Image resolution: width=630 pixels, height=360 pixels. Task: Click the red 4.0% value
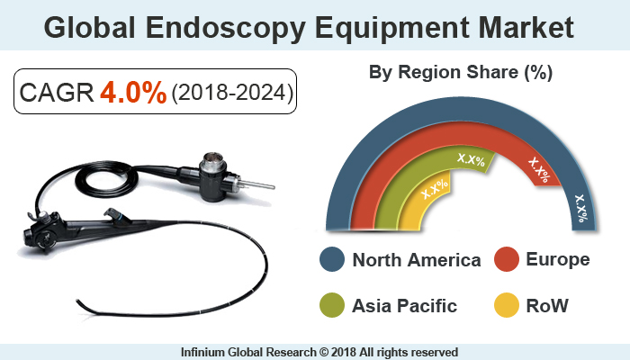point(133,93)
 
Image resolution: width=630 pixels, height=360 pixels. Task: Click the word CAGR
point(57,94)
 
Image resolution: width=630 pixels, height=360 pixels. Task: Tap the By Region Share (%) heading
point(461,71)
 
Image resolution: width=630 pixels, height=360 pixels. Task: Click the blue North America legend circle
point(333,260)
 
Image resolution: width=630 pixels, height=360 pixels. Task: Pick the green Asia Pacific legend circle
point(333,306)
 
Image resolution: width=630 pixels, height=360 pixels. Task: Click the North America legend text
point(417,261)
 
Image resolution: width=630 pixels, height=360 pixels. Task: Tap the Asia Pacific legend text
point(404,306)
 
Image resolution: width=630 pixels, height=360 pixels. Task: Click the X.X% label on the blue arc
point(580,208)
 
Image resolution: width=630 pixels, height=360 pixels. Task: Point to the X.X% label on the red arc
point(538,166)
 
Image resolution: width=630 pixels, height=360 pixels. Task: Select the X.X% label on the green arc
point(471,161)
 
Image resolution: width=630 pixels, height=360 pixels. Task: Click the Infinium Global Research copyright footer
point(315,352)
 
